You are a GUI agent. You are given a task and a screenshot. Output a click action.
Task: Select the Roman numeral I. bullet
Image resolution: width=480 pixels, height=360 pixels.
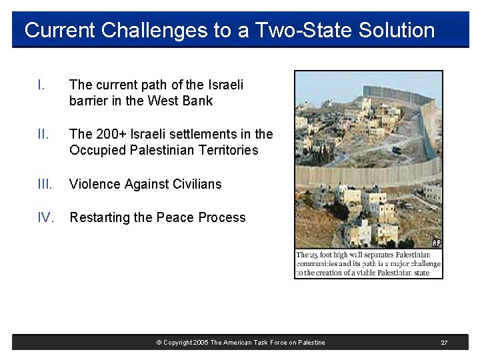[41, 85]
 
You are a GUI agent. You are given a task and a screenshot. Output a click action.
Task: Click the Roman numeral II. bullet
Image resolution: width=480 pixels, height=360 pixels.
[43, 134]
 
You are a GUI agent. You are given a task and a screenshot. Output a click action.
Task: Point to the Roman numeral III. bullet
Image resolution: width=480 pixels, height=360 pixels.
[45, 184]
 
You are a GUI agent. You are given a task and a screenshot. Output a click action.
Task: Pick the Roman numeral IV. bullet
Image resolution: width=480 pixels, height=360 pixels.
[46, 217]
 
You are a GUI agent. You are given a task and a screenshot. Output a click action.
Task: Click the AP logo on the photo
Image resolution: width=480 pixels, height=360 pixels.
[437, 243]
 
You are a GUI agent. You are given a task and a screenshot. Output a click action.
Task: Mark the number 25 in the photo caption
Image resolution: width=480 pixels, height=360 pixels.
[314, 255]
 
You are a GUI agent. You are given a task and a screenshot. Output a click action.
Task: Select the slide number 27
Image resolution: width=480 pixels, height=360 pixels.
[444, 343]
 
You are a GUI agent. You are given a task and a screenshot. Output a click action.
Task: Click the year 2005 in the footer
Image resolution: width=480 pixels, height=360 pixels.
[200, 343]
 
